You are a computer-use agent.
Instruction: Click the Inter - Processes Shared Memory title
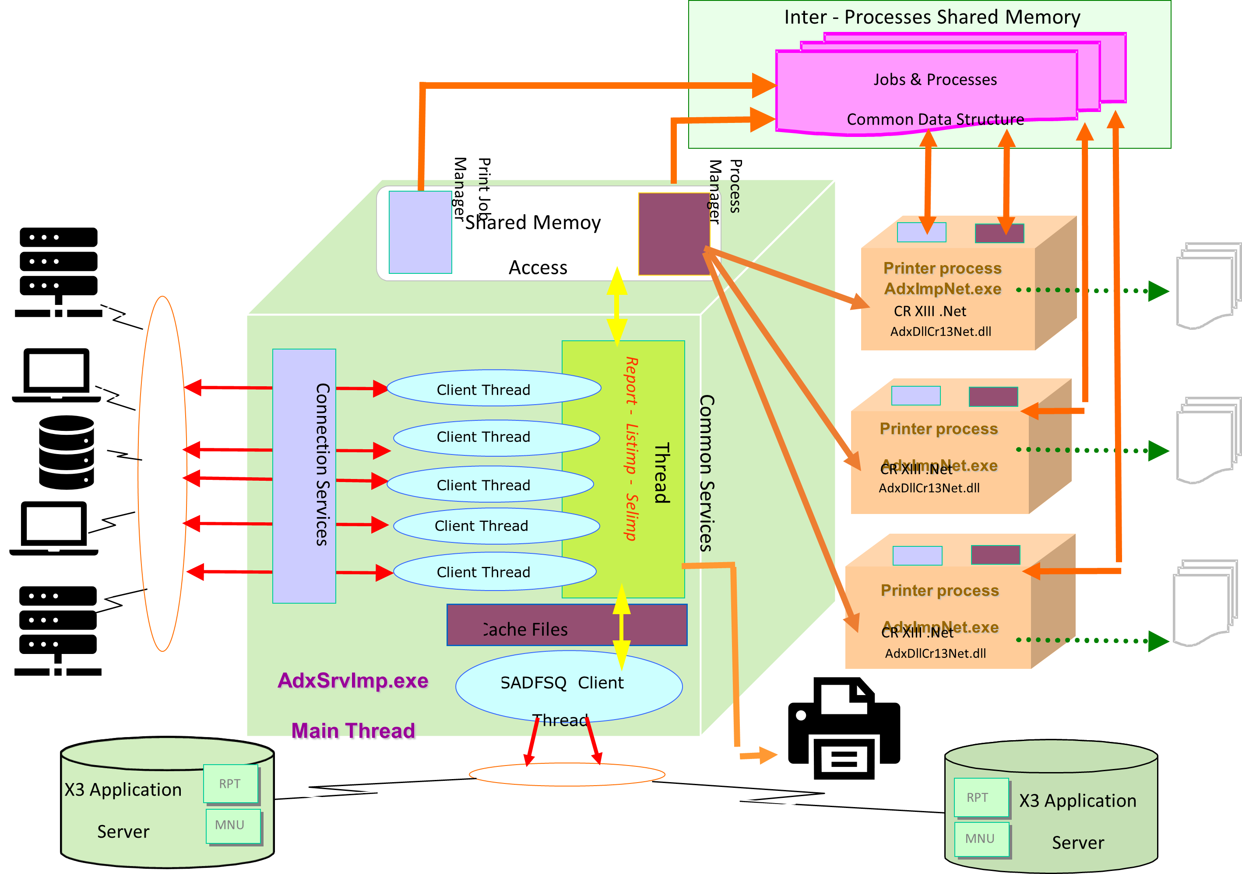(x=932, y=17)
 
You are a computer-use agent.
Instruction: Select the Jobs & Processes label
(x=935, y=80)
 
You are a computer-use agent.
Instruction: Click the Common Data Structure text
(x=935, y=119)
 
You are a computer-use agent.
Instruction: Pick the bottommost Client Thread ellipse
(x=494, y=571)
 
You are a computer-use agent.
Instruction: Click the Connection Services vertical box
(x=304, y=475)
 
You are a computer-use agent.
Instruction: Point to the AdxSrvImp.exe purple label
(x=353, y=681)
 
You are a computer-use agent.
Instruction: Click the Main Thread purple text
(x=353, y=731)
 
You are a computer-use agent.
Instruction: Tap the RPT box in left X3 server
(x=230, y=784)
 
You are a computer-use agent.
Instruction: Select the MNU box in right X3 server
(x=980, y=839)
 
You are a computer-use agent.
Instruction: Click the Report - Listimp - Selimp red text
(x=631, y=449)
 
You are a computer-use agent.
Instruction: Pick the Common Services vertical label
(x=706, y=473)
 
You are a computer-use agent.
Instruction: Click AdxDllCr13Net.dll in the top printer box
(x=941, y=331)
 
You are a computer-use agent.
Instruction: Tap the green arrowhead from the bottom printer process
(x=1158, y=641)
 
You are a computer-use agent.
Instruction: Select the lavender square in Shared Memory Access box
(x=420, y=232)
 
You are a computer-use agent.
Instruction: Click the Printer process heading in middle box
(x=939, y=429)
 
